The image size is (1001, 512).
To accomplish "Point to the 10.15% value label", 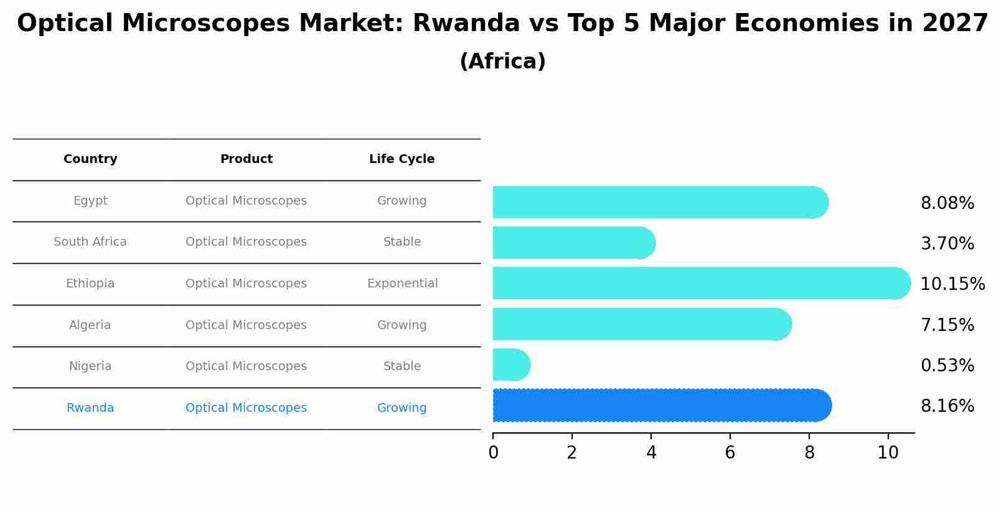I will coord(952,284).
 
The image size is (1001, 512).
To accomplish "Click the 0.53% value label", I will coord(947,366).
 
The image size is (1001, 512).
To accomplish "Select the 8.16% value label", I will coord(947,406).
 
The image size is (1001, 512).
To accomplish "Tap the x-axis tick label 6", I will coord(730,453).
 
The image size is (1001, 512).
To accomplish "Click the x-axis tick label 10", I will coord(888,453).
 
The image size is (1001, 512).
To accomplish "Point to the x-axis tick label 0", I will coord(493,453).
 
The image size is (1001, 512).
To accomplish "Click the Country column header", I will coord(90,159).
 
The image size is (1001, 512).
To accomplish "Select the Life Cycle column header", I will coord(402,159).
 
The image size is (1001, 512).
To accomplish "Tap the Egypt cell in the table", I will coord(90,201).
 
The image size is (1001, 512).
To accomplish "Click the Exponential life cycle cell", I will coord(402,284).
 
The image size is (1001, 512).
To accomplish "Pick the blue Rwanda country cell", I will coord(90,408).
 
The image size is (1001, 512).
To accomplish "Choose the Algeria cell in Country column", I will coord(90,325).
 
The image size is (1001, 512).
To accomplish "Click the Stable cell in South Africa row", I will coord(402,242).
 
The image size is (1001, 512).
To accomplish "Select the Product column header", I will coord(247,159).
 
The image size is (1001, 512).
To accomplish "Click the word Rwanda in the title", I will coord(466,24).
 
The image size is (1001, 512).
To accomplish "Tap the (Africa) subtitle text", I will coord(502,62).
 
